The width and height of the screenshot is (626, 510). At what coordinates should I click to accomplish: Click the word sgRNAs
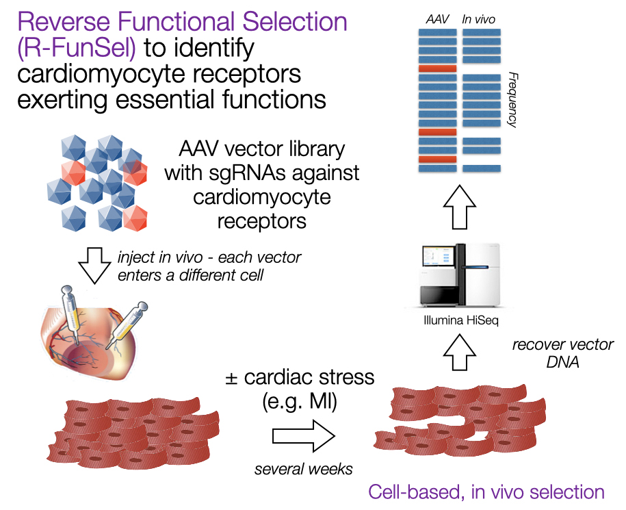pos(248,173)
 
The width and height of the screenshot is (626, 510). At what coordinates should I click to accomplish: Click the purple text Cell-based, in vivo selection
pos(486,492)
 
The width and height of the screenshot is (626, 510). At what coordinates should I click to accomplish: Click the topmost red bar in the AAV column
pos(437,69)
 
